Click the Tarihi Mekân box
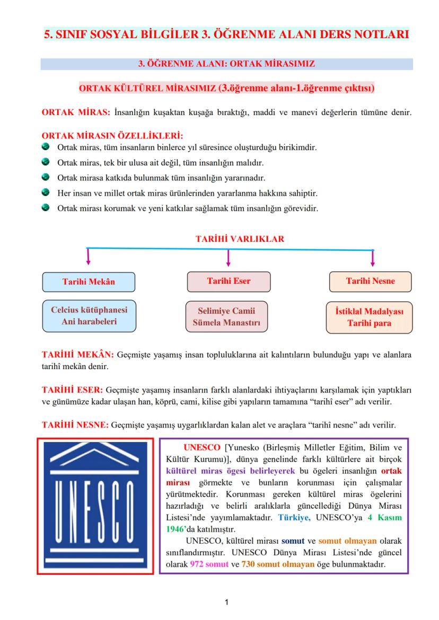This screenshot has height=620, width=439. (89, 282)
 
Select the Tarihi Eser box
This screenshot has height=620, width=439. (229, 281)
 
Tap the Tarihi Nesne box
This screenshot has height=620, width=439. (370, 282)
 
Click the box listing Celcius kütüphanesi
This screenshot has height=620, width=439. (89, 316)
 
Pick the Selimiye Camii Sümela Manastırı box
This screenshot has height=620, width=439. (227, 317)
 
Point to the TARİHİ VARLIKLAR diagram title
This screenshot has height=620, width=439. (240, 239)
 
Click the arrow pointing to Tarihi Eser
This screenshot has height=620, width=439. (228, 258)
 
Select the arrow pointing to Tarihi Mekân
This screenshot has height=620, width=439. (88, 257)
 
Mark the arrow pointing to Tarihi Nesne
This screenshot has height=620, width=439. (373, 258)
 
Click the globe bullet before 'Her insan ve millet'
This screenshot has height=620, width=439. (46, 193)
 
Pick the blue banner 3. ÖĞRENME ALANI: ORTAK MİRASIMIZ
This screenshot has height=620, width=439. (226, 64)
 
